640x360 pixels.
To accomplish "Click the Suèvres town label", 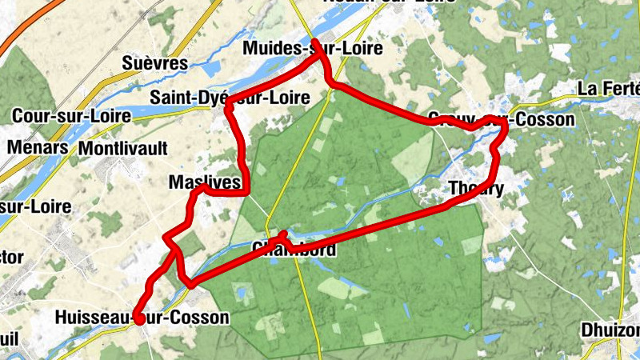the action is tap(154, 63).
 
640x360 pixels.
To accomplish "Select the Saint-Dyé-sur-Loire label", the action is tap(230, 98).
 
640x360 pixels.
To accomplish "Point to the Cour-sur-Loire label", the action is tap(71, 116).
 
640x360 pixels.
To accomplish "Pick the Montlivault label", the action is tap(123, 149).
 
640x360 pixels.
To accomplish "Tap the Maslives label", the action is tap(205, 183).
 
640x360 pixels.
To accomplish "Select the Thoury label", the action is tap(477, 190).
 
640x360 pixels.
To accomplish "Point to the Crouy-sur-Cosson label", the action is tap(501, 120).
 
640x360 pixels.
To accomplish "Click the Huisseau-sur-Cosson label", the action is tap(142, 318).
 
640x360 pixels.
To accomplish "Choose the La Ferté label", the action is tap(609, 89).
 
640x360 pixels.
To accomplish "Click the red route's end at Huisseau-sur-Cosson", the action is tap(138, 318).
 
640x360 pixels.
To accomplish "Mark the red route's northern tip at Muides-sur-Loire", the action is tap(316, 42).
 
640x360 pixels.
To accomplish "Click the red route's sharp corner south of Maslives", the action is tap(190, 283).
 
